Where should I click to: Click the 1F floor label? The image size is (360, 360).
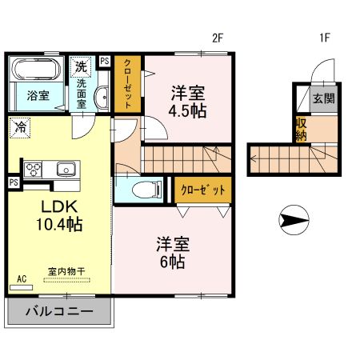tap(326, 37)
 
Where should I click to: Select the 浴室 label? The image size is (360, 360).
tap(37, 95)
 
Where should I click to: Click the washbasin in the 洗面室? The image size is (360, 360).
tap(102, 98)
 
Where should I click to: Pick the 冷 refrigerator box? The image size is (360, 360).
tap(20, 126)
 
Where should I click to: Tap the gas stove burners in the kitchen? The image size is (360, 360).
tap(35, 169)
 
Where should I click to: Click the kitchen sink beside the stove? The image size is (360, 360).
tap(64, 169)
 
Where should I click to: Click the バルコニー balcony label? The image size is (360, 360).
tap(58, 310)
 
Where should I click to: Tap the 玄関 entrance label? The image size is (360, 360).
tap(324, 99)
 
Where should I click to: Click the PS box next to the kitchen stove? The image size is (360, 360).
tap(14, 182)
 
